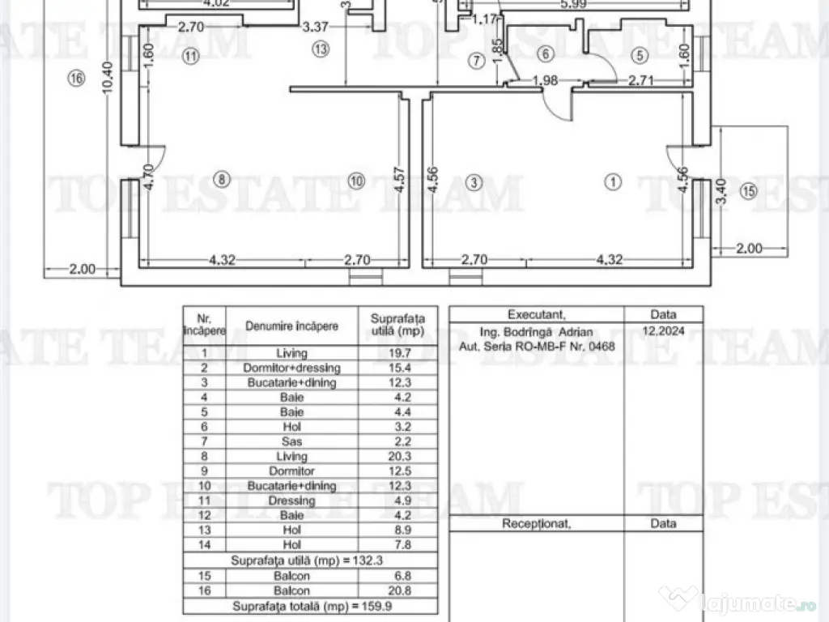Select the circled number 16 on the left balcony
tap(77, 79)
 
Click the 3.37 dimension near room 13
tap(315, 27)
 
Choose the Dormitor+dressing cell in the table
tap(292, 368)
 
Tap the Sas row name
tap(292, 441)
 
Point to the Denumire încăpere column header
tap(292, 326)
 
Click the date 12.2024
tap(663, 331)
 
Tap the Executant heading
tap(536, 314)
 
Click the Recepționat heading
tap(536, 523)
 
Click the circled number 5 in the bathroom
tap(640, 55)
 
